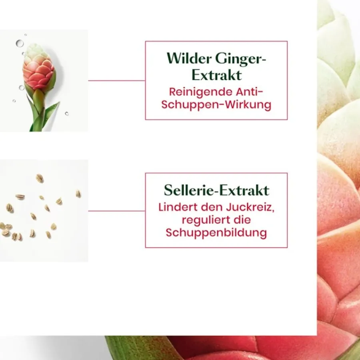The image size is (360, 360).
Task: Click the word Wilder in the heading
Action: pyautogui.click(x=188, y=59)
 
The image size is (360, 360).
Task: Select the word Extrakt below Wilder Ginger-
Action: pyautogui.click(x=216, y=75)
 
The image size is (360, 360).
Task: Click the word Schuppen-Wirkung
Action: pyautogui.click(x=216, y=105)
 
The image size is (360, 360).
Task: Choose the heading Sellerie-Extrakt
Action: pyautogui.click(x=216, y=190)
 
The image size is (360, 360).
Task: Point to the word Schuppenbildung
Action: pyautogui.click(x=216, y=233)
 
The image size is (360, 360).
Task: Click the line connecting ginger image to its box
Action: pyautogui.click(x=116, y=80)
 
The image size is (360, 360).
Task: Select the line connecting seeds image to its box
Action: pyautogui.click(x=116, y=211)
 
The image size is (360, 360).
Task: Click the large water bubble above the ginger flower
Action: pyautogui.click(x=20, y=43)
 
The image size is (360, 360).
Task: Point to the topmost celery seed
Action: pyautogui.click(x=40, y=178)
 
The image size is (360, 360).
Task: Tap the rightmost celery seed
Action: pyautogui.click(x=78, y=194)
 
